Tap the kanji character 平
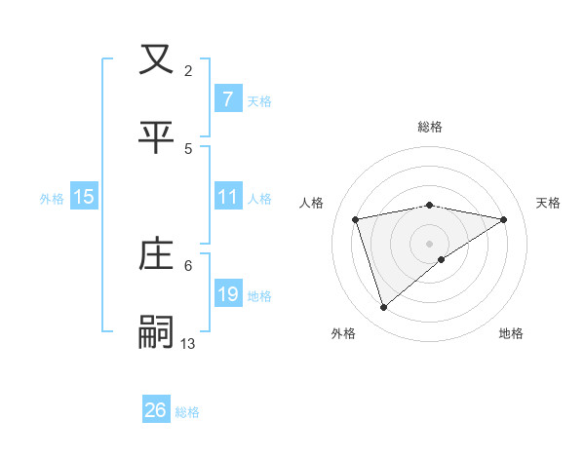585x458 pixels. [x=157, y=136]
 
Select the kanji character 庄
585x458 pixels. [x=157, y=254]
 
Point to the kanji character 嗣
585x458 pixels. [x=157, y=332]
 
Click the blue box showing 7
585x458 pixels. [x=227, y=99]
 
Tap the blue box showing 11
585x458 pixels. [x=227, y=197]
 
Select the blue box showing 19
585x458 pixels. [x=227, y=294]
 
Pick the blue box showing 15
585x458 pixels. [x=84, y=197]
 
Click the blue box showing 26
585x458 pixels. [x=156, y=410]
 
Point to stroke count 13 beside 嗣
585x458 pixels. [x=188, y=343]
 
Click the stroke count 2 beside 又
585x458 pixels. [x=188, y=70]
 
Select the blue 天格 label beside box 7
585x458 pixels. [x=259, y=100]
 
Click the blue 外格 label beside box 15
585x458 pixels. [x=52, y=198]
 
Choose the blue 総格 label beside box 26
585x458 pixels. [x=187, y=411]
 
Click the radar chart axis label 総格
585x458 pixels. [x=430, y=127]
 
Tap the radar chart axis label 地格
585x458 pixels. [x=511, y=333]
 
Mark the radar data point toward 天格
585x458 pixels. [x=503, y=219]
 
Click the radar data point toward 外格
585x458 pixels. [x=384, y=308]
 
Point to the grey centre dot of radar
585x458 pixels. [x=430, y=243]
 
